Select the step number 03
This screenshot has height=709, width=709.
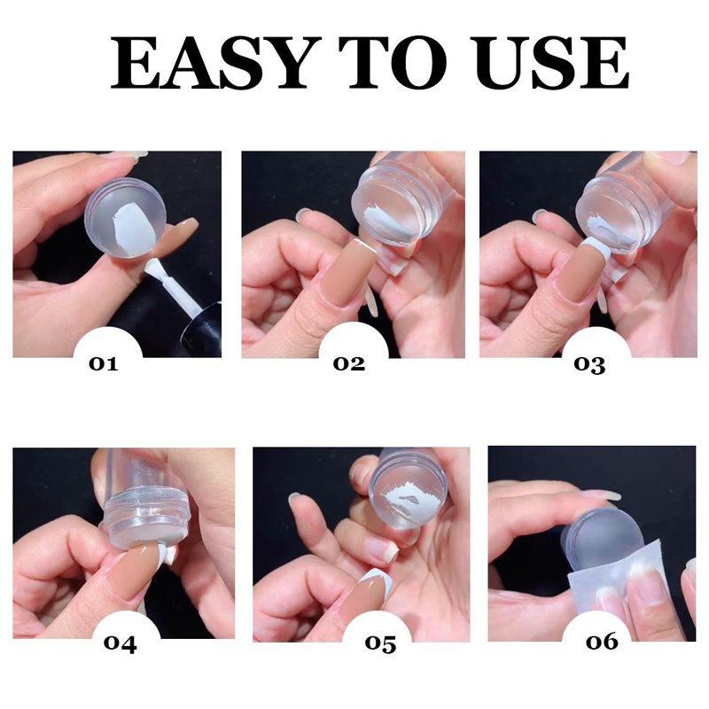point(589,363)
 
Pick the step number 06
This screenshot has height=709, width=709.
point(603,641)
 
